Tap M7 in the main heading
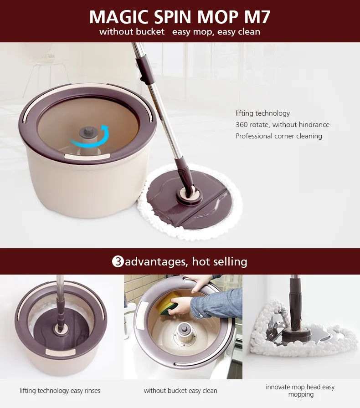tap(257, 17)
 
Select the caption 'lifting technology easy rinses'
tap(60, 391)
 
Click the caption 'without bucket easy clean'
tap(180, 391)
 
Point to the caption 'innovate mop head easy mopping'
tap(300, 391)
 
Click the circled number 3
tap(118, 261)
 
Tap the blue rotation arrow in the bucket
tap(90, 137)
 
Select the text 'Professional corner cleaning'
tap(279, 136)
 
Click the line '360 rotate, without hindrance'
tap(283, 125)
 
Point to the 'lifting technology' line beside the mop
tap(262, 113)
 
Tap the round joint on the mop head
tap(190, 194)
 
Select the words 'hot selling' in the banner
tap(220, 261)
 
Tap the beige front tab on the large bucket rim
tap(87, 157)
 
